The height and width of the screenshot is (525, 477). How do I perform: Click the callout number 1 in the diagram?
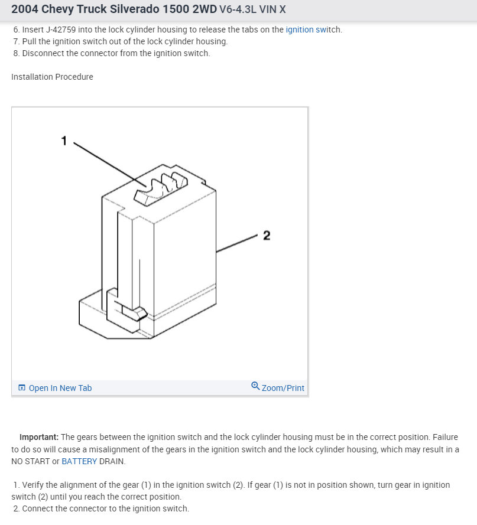64,141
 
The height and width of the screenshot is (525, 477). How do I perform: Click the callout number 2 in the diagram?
267,236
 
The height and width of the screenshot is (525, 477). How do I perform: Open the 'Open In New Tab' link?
60,388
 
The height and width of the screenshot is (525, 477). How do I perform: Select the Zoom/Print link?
283,388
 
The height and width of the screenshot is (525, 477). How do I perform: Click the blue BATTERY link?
79,461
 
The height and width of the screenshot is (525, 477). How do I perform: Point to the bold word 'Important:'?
39,437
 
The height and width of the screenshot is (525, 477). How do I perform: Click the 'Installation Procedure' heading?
52,77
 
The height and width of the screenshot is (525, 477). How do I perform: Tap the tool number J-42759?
61,30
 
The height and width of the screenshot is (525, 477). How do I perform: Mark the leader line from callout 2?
236,243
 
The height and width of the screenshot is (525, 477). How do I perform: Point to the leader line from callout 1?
109,164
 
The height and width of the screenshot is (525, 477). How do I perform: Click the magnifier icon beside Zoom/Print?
255,386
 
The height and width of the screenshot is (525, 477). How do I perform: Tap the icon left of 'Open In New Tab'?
22,388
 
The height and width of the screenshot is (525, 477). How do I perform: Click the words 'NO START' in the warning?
31,461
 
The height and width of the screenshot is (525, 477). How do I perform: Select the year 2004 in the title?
25,9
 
